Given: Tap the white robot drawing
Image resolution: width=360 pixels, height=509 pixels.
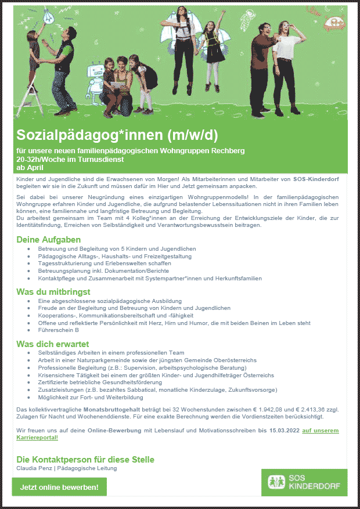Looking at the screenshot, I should tap(92, 81).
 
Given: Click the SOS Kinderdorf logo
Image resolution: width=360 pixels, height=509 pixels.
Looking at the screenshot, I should tap(304, 482).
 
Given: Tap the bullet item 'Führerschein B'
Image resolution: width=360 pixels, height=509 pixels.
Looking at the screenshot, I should tap(58, 330).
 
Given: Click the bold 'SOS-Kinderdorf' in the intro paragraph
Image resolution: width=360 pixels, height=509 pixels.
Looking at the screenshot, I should tap(316, 180).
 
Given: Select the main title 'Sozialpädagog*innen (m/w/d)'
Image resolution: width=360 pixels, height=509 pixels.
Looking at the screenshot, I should tap(117, 135).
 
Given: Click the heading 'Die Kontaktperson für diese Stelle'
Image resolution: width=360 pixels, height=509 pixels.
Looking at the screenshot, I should tap(85, 459).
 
